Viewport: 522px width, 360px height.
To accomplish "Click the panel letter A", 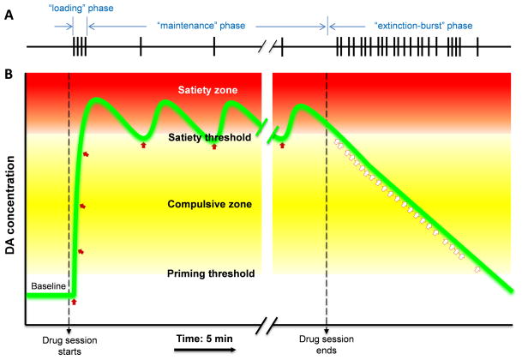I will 8,10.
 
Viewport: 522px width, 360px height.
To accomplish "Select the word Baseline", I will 46,285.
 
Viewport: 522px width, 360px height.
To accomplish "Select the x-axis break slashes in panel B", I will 269,325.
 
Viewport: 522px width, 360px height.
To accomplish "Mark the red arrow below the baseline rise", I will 74,302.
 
